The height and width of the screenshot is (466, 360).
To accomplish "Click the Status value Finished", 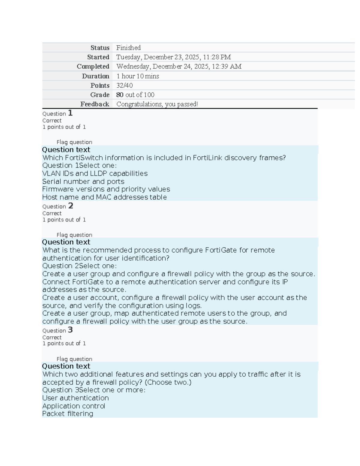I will point(128,48).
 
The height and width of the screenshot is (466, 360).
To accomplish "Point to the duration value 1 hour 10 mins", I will point(138,76).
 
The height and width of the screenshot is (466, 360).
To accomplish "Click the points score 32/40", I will point(124,86).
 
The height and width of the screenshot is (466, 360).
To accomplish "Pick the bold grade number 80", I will point(120,95).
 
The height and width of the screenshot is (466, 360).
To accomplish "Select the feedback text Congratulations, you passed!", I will point(157,104).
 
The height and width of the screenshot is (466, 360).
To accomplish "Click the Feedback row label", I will point(95,104).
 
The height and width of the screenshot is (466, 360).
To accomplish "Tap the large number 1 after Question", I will point(70,113).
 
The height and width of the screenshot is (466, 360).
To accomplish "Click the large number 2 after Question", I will point(70,206).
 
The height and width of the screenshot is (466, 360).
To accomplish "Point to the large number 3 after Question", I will point(70,330).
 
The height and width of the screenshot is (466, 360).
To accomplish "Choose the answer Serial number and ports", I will point(83,182).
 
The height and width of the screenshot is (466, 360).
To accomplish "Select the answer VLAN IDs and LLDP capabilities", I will point(95,173).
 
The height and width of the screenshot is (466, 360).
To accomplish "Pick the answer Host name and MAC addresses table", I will point(104,197).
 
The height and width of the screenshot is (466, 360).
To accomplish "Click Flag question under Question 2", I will point(74,235).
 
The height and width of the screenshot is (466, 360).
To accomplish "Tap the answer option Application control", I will point(73,406).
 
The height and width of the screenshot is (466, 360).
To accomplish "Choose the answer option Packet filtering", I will point(67,414).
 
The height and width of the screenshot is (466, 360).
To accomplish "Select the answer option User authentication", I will point(75,398).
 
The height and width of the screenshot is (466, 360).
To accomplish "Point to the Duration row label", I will point(96,76).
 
